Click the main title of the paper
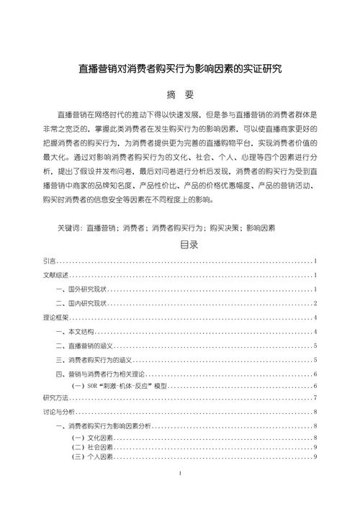(x=179, y=70)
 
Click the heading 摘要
(x=179, y=94)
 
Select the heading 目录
(x=179, y=245)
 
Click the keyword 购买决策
(x=222, y=228)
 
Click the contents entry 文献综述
(x=55, y=275)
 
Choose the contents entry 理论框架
(x=55, y=317)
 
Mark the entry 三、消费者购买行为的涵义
(x=95, y=360)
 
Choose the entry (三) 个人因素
(x=92, y=456)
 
